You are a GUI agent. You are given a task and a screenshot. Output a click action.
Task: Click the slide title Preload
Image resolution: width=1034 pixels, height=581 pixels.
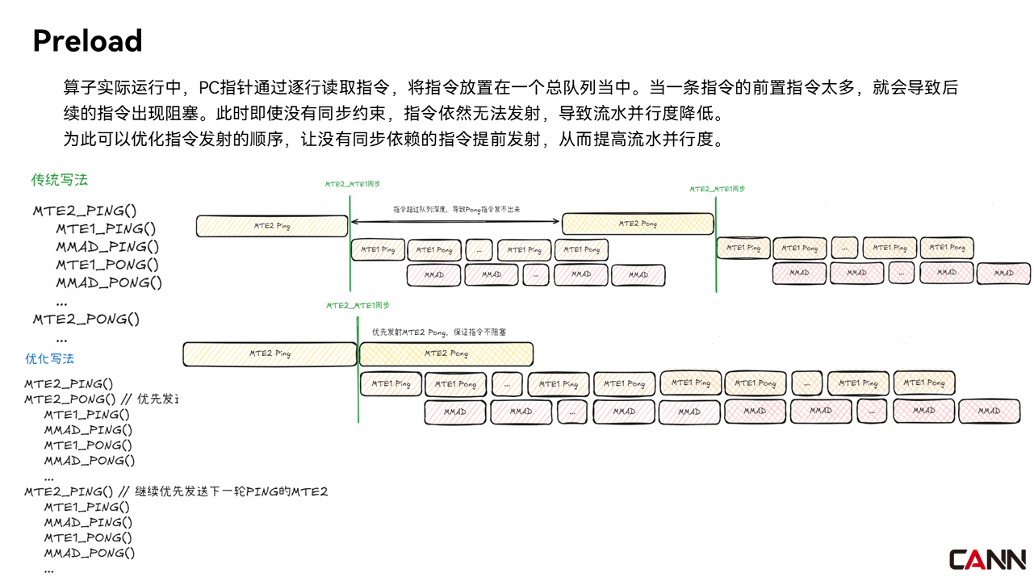[87, 40]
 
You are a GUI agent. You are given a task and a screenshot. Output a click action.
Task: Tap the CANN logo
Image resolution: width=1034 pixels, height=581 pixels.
[987, 559]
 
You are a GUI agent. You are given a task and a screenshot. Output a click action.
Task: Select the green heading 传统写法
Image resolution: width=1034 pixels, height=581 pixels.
[59, 180]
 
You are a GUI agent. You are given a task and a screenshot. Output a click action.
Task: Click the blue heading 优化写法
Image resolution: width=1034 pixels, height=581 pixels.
[50, 358]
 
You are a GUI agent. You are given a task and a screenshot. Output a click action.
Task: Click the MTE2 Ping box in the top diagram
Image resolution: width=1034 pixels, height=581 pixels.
[272, 226]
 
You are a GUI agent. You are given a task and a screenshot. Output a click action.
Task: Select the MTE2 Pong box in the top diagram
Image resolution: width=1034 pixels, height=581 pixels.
[638, 224]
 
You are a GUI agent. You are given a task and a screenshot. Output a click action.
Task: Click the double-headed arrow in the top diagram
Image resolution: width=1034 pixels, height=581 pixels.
[456, 220]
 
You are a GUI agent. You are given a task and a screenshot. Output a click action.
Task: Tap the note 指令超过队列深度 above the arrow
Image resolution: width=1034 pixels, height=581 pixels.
[456, 209]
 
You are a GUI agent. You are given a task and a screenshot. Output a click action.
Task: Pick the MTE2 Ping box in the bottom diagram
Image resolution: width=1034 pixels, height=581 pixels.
[270, 353]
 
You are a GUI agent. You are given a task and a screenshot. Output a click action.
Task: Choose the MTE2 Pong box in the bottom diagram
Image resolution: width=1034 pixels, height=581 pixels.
[446, 353]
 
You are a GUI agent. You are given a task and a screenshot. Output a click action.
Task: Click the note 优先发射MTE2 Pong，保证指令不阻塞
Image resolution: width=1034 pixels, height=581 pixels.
[438, 332]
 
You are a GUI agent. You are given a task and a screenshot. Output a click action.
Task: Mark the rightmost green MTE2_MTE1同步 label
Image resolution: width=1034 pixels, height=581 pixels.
[717, 189]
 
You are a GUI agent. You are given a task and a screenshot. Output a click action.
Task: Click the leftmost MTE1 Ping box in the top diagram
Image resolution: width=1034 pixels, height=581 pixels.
[378, 249]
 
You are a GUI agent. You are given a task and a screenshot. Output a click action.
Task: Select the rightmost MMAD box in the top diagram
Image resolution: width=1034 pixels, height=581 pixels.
[1003, 274]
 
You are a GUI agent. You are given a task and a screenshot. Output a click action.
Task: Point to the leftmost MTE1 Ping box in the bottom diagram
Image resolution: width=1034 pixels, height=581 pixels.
[391, 384]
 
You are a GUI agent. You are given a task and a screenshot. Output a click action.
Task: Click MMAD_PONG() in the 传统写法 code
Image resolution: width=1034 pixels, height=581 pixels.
[109, 282]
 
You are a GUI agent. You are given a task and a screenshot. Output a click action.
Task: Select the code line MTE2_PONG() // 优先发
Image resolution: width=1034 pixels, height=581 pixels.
[100, 399]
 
